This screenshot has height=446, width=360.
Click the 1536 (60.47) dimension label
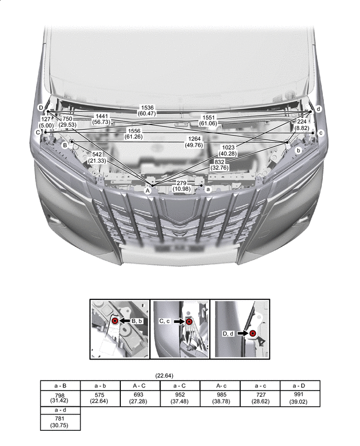(x=147, y=110)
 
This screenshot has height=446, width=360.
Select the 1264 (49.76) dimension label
(x=194, y=142)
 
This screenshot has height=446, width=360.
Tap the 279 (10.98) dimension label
(x=182, y=186)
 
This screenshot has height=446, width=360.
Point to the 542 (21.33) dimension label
(x=97, y=158)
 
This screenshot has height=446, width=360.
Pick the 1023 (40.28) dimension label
(x=228, y=150)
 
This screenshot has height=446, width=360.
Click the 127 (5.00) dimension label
(x=46, y=122)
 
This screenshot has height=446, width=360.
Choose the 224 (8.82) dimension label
(x=302, y=125)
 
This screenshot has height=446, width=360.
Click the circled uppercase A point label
(x=148, y=191)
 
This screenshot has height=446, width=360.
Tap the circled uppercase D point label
(x=41, y=108)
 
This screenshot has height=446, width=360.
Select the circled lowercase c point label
(x=321, y=133)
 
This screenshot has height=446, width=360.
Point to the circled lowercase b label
(x=298, y=150)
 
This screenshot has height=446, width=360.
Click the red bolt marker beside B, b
(x=115, y=321)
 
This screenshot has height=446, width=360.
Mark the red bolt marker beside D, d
(x=253, y=333)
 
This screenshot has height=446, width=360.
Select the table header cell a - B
(x=60, y=386)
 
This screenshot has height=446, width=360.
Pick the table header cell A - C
(x=140, y=386)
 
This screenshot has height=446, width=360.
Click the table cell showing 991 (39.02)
(x=300, y=398)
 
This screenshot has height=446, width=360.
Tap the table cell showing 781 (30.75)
(x=60, y=422)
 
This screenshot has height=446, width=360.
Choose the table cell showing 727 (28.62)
(x=260, y=398)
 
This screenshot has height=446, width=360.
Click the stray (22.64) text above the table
(x=164, y=375)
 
